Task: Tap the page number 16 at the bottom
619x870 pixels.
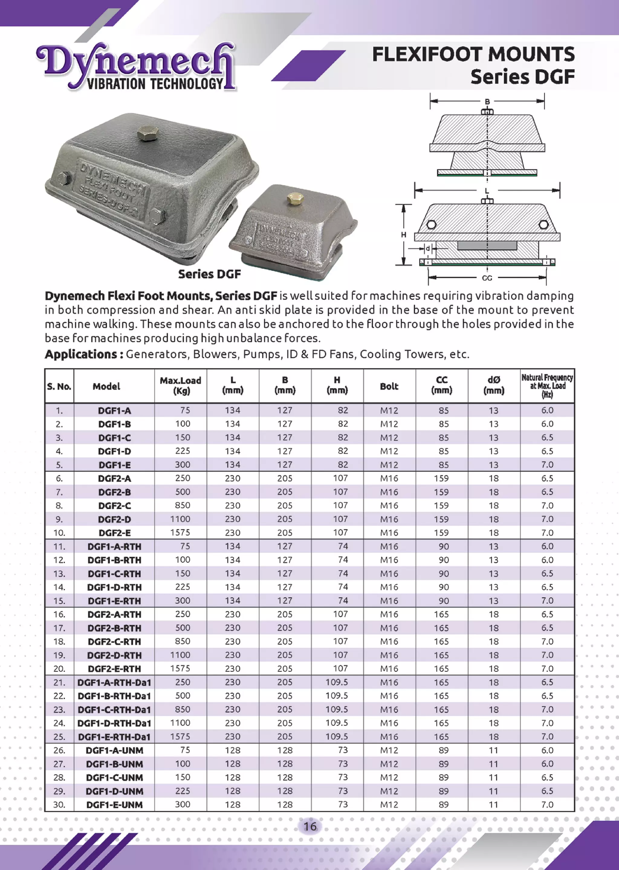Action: coord(310,826)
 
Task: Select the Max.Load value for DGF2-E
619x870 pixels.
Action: coord(180,533)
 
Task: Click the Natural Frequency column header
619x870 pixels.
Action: coord(547,386)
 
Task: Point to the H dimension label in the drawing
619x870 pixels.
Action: coord(403,235)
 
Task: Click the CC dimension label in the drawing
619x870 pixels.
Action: coord(487,278)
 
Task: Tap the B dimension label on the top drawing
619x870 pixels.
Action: coord(487,102)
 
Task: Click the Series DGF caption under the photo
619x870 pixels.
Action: coord(209,274)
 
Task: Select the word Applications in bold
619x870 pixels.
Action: coord(81,354)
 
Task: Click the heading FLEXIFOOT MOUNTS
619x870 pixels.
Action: coord(473,54)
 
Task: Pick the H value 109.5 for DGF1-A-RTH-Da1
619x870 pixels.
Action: coord(337,682)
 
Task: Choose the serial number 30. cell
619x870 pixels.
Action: coord(59,804)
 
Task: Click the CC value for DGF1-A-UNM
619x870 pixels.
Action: coord(443,750)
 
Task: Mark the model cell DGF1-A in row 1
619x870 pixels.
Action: coord(114,411)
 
